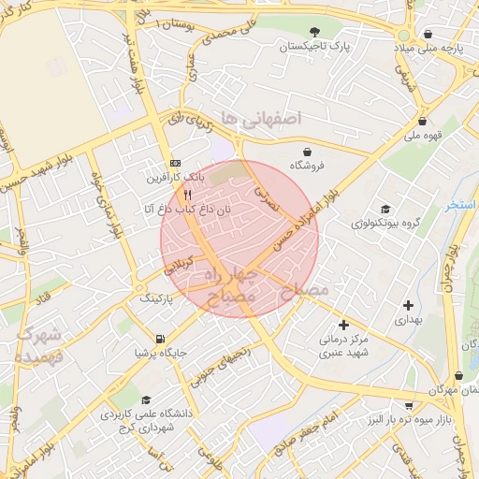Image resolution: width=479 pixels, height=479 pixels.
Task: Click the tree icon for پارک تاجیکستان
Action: click(314, 30)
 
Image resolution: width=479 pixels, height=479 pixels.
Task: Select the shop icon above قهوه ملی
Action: click(423, 121)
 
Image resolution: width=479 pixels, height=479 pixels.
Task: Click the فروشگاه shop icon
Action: click(307, 151)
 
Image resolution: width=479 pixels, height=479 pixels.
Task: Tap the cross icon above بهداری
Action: click(408, 305)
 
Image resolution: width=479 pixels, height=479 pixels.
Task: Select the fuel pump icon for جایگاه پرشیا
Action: click(160, 339)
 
